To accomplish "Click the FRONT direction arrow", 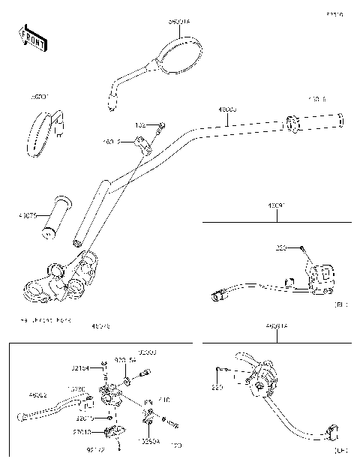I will pos(32,37).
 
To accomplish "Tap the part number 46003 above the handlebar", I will pos(227,109).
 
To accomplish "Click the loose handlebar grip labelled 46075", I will pos(56,218).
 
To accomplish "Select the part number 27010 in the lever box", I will pos(82,432).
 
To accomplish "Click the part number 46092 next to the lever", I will pos(39,394).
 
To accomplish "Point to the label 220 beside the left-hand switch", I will pos(217,388).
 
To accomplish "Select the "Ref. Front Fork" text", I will pos(37,319).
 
